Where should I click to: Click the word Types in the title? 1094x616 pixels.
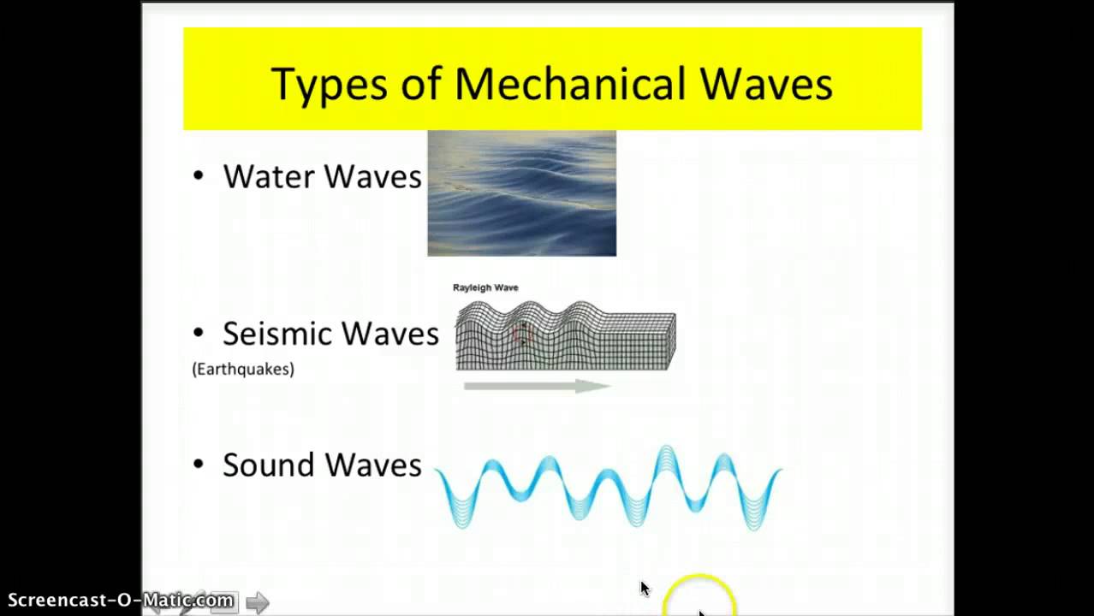[x=328, y=85]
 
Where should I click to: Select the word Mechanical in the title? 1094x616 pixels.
[x=570, y=84]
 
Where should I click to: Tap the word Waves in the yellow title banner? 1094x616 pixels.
[x=766, y=84]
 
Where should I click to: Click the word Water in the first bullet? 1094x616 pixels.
[x=269, y=176]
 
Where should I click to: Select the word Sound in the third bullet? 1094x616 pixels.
[x=269, y=465]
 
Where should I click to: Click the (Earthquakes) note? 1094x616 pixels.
[x=243, y=369]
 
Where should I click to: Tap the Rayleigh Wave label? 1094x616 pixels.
[x=485, y=287]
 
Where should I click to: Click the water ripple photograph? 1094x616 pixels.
[x=521, y=193]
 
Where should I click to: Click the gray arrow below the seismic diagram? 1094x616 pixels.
[x=536, y=386]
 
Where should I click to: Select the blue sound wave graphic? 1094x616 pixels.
[x=608, y=488]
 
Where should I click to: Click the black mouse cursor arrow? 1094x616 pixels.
[x=645, y=588]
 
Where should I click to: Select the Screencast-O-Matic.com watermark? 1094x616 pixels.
[x=120, y=600]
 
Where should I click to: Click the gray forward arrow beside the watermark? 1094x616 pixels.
[x=257, y=602]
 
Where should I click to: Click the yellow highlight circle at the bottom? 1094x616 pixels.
[x=699, y=596]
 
